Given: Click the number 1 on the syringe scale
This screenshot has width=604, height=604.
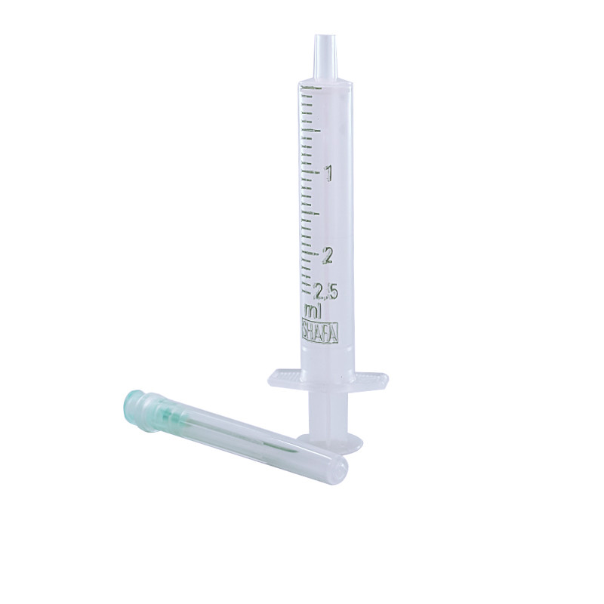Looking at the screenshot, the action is point(328,174).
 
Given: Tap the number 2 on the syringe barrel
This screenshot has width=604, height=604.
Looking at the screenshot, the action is point(328,255).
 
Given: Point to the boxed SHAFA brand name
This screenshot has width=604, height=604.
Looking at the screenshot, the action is point(319,332).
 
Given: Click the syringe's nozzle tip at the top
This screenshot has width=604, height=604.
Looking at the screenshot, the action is point(325,38).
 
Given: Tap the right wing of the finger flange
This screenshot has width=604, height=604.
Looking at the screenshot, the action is point(370,380).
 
